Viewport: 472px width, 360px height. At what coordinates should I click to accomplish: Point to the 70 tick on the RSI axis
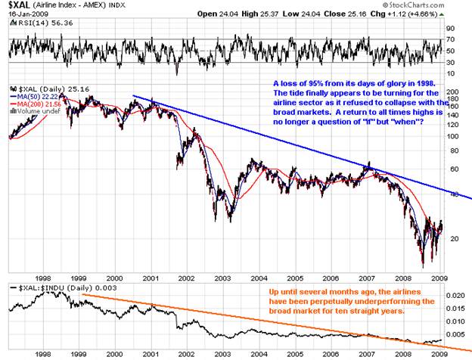pos(449,39)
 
